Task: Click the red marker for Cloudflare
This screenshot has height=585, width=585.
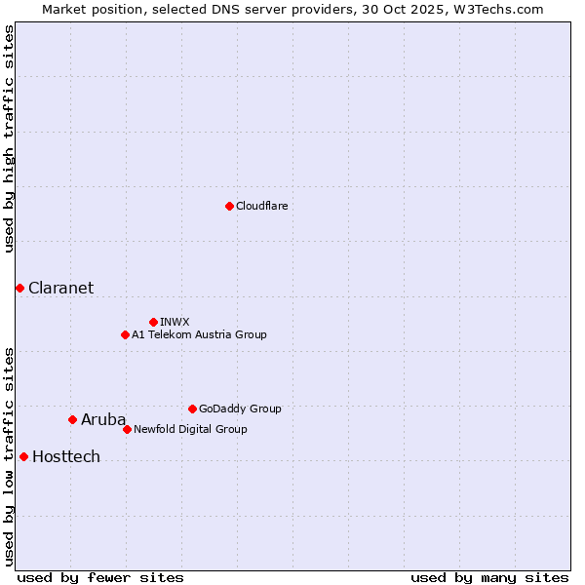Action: (x=229, y=206)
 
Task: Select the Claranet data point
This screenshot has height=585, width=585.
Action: (x=19, y=288)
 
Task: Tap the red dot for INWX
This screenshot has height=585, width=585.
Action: (x=153, y=322)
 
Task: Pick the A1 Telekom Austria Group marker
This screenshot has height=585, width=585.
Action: (x=125, y=334)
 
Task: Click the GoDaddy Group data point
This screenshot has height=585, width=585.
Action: (x=192, y=409)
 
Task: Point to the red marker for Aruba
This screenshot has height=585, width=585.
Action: (x=72, y=419)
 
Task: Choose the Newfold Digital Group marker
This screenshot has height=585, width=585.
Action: (x=127, y=429)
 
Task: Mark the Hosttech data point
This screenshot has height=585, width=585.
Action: (x=23, y=456)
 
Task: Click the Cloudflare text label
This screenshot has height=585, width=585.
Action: (x=261, y=206)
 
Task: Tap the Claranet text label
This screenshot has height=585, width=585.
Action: (x=60, y=288)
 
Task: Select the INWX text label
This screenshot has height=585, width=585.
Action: (x=175, y=322)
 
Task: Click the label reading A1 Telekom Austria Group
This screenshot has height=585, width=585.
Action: (x=199, y=334)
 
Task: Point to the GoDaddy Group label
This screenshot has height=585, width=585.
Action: (x=240, y=409)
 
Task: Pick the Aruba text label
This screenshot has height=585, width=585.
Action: (x=103, y=419)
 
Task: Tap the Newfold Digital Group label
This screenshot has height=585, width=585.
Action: (x=190, y=429)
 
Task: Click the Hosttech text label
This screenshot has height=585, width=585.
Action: (x=66, y=456)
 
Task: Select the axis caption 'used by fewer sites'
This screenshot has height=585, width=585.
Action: (x=100, y=577)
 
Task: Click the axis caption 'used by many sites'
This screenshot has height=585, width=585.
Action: (x=489, y=577)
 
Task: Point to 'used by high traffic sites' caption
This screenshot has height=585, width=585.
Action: (x=9, y=138)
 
